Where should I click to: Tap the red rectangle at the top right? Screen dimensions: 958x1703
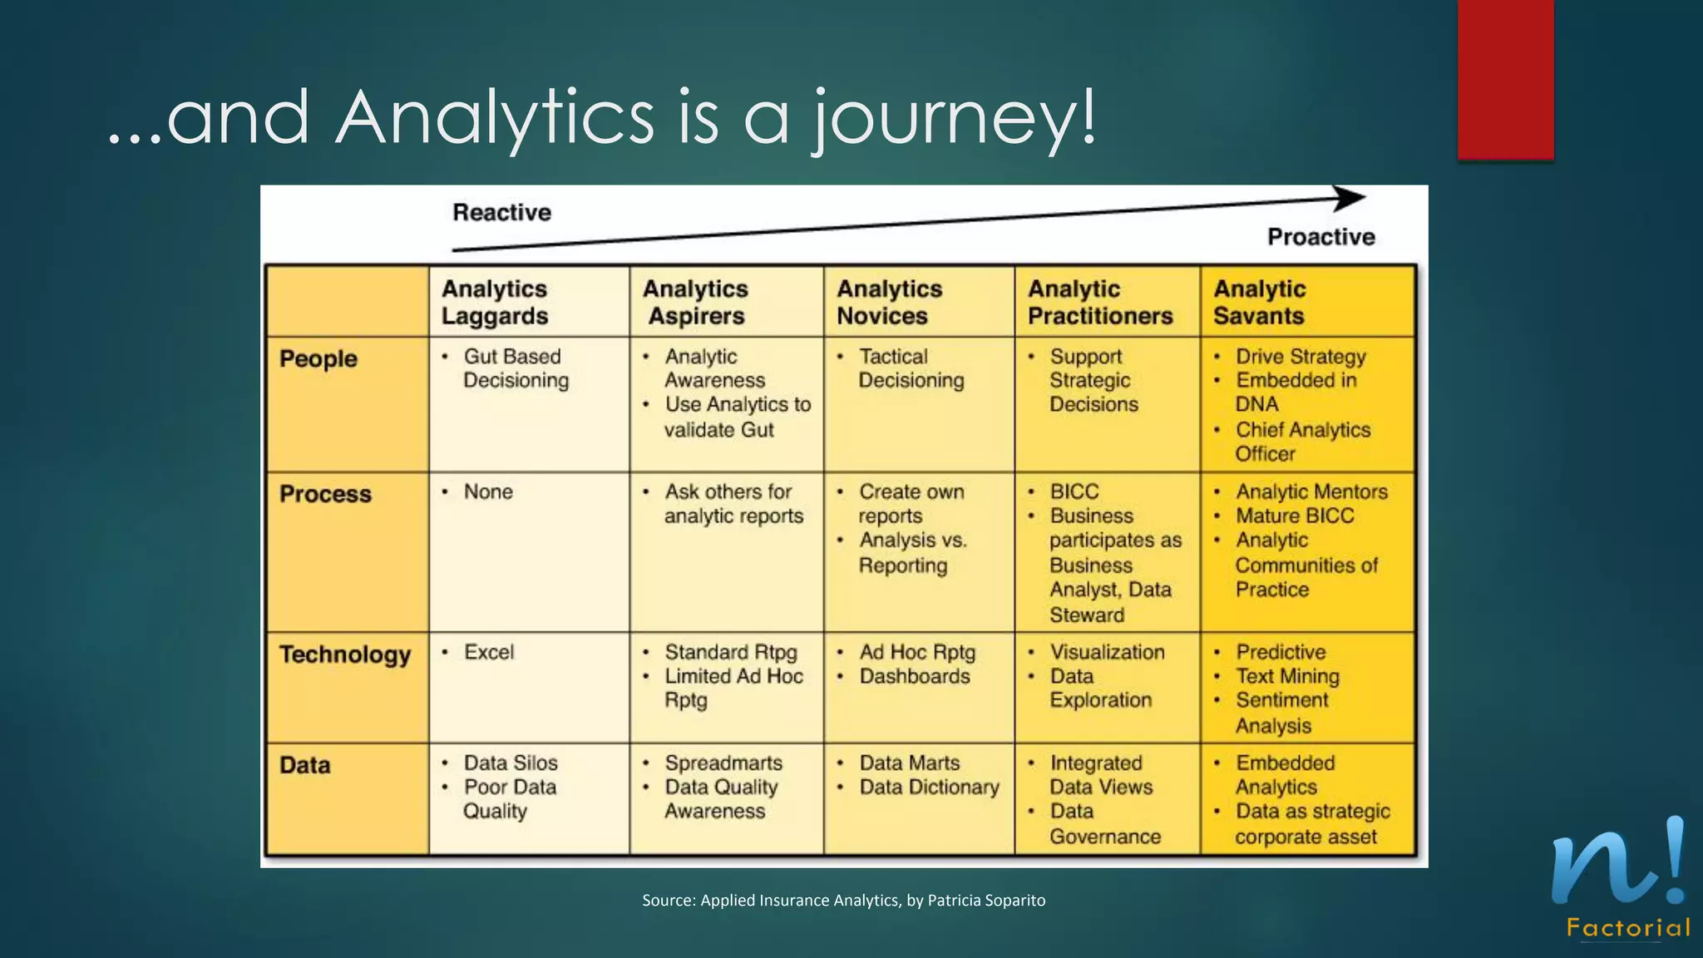pos(1505,79)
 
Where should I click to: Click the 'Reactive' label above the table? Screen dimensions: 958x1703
pos(501,213)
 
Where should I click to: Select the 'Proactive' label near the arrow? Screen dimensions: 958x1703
pos(1320,237)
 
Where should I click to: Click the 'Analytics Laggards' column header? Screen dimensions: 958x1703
pos(495,302)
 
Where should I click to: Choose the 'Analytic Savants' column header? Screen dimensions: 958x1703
pos(1260,302)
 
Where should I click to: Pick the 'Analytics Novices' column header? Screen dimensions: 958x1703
pos(889,302)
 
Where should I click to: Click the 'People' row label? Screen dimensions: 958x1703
pos(318,358)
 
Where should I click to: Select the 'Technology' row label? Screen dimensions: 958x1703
pos(345,654)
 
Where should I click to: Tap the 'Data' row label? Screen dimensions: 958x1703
pos(304,765)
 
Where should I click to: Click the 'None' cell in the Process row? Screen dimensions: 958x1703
pos(488,491)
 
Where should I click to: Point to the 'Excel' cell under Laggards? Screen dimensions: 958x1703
pos(489,652)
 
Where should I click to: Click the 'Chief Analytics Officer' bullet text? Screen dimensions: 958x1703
pos(1301,442)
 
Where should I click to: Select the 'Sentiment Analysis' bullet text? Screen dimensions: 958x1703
pos(1281,713)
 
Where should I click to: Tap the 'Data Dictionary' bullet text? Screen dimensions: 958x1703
pos(929,787)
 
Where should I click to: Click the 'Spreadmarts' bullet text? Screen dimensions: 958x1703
pos(723,763)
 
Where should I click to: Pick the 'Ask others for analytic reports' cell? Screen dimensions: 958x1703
pos(733,504)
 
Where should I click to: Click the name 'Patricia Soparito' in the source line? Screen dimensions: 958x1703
pos(986,900)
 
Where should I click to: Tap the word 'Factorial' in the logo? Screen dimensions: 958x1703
pos(1628,928)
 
